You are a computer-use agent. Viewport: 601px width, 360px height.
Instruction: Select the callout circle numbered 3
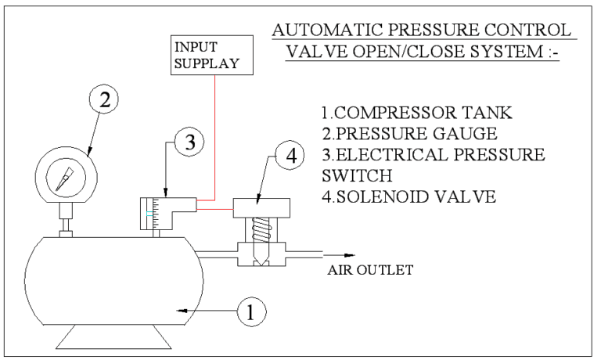(x=189, y=143)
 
